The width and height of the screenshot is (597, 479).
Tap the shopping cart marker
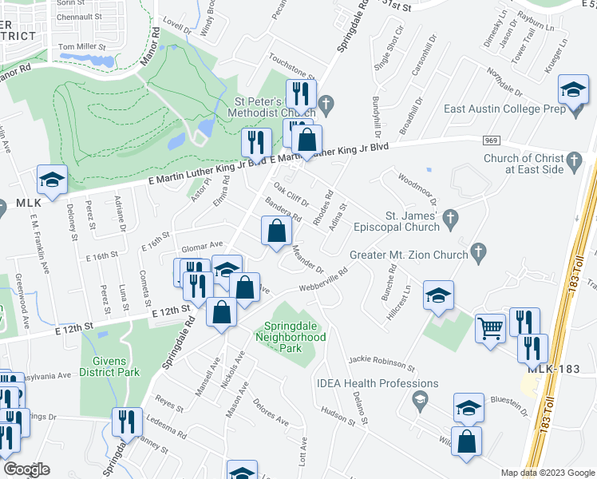point(489,327)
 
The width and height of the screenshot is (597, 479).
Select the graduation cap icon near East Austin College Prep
point(573,90)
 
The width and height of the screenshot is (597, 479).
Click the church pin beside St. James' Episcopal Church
point(450,216)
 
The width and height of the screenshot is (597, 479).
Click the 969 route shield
point(491,141)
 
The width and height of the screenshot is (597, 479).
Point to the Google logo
point(26,469)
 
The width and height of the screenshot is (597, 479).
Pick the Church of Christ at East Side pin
point(574,164)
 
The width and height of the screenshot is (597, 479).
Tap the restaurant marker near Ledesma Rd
point(127,420)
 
